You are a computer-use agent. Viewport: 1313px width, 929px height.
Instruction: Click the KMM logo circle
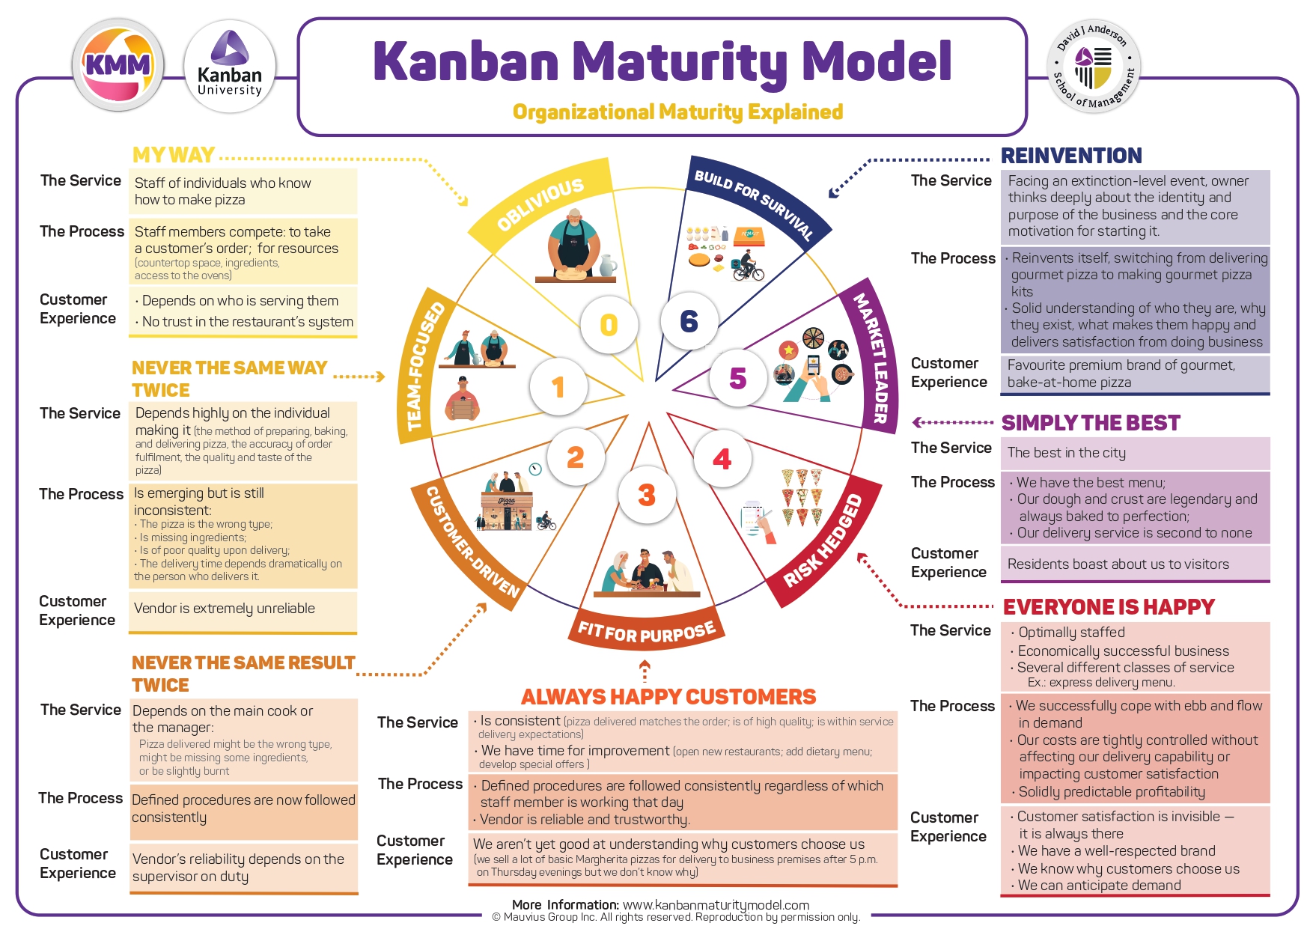point(118,65)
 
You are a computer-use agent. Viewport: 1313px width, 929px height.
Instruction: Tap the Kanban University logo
point(230,67)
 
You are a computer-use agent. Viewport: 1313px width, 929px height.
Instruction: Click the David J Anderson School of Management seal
point(1094,67)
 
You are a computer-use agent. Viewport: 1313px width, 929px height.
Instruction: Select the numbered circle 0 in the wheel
point(609,324)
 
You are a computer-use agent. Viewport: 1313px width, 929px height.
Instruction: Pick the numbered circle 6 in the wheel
point(689,321)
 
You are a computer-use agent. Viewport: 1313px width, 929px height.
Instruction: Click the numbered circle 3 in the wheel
point(647,495)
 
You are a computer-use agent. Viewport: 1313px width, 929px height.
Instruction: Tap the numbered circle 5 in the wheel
point(737,378)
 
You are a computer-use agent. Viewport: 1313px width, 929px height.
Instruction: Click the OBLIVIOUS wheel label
point(540,204)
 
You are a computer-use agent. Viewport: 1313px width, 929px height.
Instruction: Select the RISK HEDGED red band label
point(823,542)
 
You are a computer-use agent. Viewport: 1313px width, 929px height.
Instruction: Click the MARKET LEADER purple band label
point(871,359)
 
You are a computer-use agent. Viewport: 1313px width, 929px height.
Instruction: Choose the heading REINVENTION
point(1070,156)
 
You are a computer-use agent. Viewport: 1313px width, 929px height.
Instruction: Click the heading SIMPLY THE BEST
point(1090,423)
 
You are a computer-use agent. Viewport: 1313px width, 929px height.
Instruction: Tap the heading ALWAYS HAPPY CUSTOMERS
point(668,697)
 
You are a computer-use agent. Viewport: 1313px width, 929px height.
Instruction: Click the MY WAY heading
point(174,155)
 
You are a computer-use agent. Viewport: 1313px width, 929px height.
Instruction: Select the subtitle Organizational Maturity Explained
point(677,112)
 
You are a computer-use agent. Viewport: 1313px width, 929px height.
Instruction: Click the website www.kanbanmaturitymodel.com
point(716,905)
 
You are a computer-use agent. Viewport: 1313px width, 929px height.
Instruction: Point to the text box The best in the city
point(1066,453)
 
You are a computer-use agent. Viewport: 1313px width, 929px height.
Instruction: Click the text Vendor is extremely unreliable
point(224,609)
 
